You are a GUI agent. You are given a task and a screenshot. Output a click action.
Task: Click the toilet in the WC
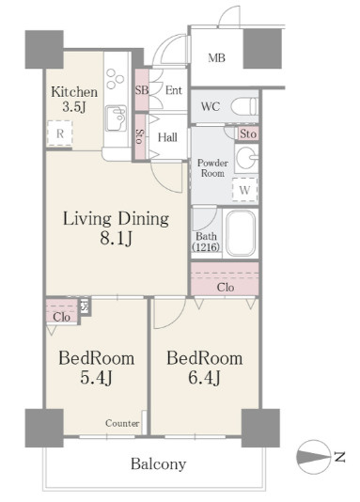click(x=244, y=106)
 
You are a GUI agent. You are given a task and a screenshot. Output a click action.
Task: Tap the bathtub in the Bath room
click(x=241, y=232)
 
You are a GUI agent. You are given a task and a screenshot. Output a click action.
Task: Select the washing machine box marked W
click(x=244, y=190)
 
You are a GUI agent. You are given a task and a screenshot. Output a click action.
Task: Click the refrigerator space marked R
click(x=60, y=133)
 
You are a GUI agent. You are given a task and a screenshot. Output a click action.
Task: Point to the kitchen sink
click(x=116, y=118)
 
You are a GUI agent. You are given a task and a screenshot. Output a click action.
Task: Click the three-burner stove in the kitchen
click(x=115, y=78)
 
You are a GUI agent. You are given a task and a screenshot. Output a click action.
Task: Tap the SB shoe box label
click(x=141, y=90)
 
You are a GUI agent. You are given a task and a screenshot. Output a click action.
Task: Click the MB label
click(x=216, y=58)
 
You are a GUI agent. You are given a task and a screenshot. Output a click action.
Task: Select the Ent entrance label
click(x=174, y=90)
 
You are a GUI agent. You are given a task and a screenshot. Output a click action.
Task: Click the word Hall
click(x=167, y=137)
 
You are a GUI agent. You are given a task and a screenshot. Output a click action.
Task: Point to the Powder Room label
click(x=212, y=168)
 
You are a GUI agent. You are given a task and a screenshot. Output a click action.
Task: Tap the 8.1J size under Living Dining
click(x=116, y=238)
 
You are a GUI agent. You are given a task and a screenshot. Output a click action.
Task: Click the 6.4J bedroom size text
click(x=204, y=378)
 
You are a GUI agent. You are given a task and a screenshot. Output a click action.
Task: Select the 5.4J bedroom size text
click(x=96, y=378)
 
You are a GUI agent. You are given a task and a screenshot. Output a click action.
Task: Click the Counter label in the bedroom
click(x=122, y=423)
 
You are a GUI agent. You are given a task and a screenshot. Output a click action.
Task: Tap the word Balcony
click(x=158, y=463)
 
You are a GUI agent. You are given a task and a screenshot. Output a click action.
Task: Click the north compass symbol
click(x=313, y=456)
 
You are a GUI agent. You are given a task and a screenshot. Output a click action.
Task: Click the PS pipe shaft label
click(x=85, y=306)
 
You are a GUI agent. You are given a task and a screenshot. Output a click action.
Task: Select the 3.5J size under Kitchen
click(x=74, y=107)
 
